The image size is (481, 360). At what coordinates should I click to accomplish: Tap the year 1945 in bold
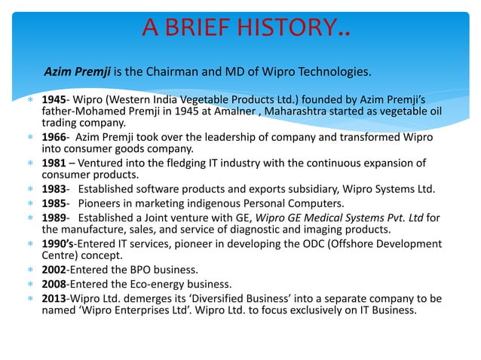click(54, 99)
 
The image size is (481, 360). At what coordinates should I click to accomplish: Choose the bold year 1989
click(54, 215)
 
